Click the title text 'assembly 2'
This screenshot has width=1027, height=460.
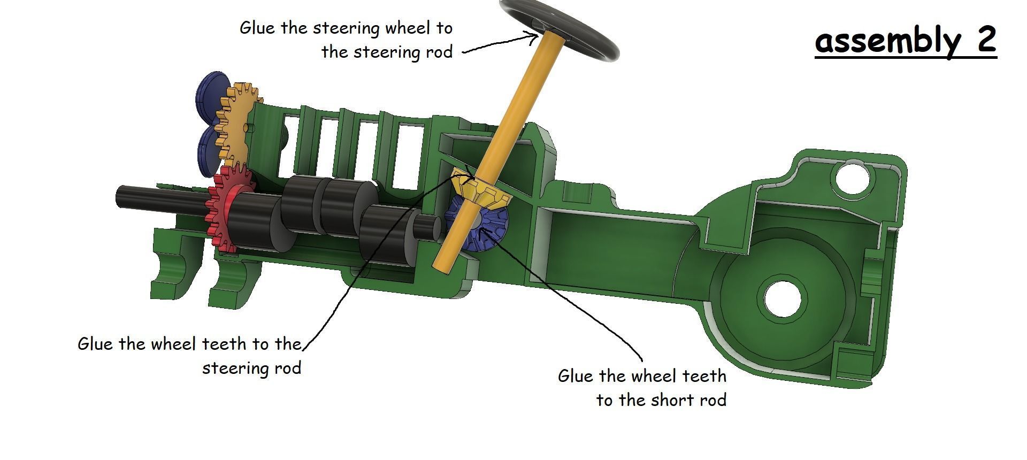tap(905, 40)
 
